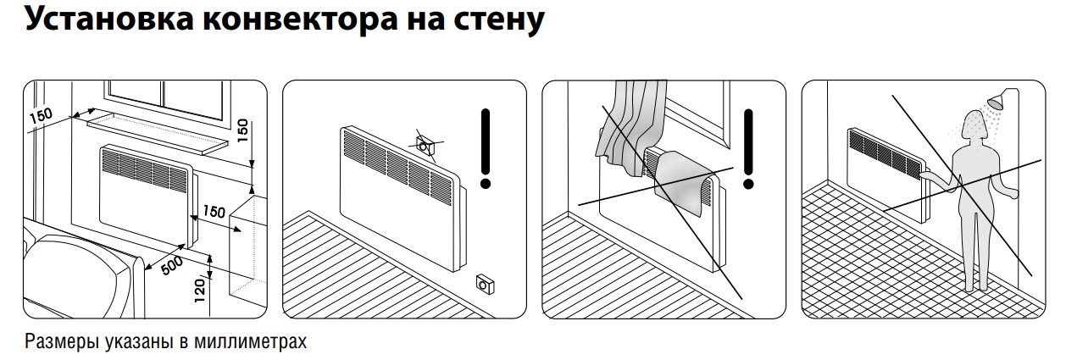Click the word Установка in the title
coord(109,20)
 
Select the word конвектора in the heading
coord(301,20)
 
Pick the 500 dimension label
coord(172,266)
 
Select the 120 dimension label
coord(200,291)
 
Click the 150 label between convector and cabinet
coord(214,211)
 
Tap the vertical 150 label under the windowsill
coord(242,130)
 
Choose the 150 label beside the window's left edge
coord(41,115)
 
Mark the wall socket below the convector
coord(485,285)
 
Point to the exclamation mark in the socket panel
coord(486,148)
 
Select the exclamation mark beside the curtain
coord(748,148)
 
